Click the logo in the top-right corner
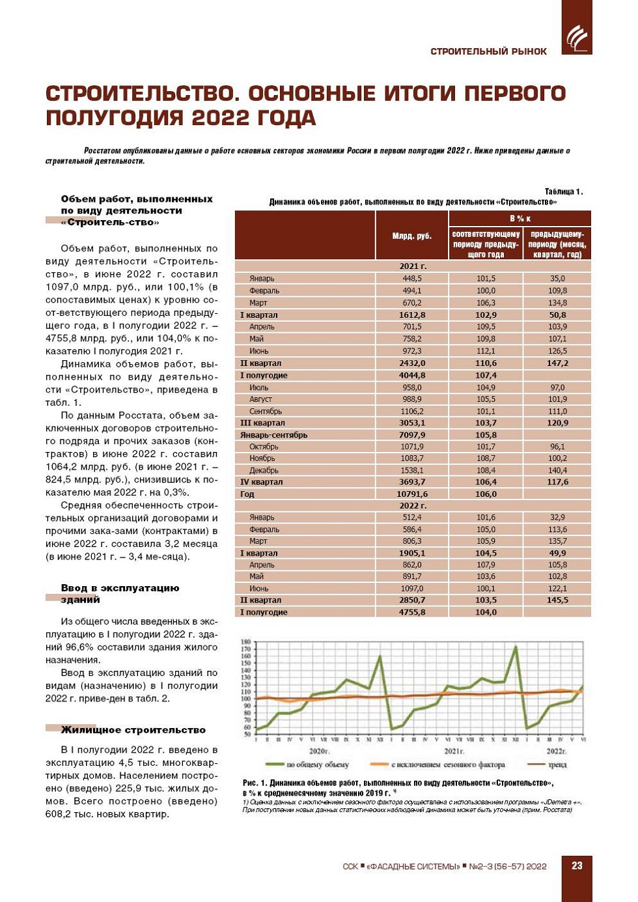(576, 38)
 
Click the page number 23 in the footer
(577, 866)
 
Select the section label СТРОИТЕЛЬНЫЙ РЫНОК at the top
(488, 51)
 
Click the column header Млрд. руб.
(411, 236)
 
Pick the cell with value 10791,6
(411, 494)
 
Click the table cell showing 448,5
(411, 278)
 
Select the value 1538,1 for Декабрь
(411, 470)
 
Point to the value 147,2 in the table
(557, 363)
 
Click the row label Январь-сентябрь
(273, 434)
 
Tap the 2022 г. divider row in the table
(413, 505)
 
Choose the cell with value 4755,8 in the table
(411, 612)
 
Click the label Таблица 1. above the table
(563, 191)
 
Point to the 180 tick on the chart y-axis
(246, 642)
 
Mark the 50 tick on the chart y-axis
(246, 734)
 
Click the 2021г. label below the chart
(454, 751)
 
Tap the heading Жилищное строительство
(133, 730)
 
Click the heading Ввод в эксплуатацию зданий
(120, 593)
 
